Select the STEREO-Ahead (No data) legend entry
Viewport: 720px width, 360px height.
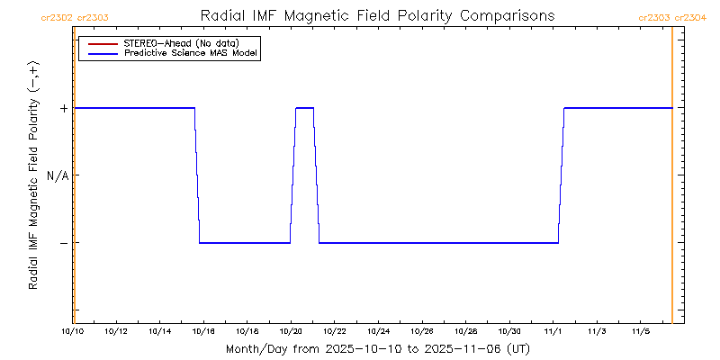pos(180,42)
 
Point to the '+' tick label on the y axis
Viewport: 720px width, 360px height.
pos(63,108)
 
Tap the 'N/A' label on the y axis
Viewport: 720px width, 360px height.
pos(58,175)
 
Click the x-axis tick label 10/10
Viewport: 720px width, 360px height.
pos(73,331)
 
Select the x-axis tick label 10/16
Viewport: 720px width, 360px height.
pos(204,331)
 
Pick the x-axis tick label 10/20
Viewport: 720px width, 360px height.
pos(292,331)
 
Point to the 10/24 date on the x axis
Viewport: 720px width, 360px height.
pos(379,331)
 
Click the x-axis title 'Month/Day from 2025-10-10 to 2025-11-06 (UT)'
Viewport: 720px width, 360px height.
pos(378,348)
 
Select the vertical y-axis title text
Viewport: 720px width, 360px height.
pos(33,175)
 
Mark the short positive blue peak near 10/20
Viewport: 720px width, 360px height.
pos(305,108)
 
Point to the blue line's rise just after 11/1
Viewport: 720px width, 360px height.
pos(562,175)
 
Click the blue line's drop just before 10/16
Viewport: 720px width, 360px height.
pos(197,175)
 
